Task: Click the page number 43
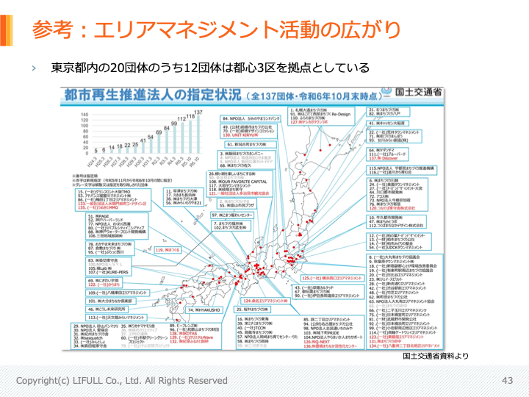point(506,380)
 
